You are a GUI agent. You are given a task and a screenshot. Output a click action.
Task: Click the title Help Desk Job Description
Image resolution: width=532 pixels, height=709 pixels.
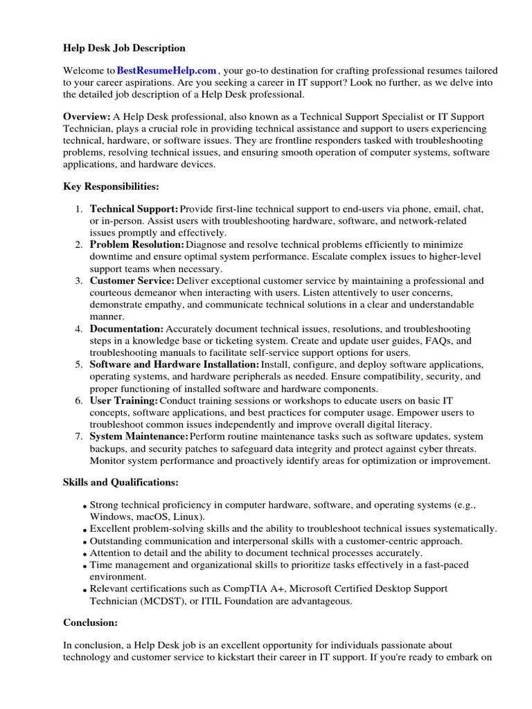pyautogui.click(x=125, y=48)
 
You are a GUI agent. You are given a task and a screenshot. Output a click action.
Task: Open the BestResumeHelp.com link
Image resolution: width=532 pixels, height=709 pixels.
pyautogui.click(x=167, y=71)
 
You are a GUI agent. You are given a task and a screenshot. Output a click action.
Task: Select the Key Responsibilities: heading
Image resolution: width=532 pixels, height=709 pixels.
pyautogui.click(x=111, y=187)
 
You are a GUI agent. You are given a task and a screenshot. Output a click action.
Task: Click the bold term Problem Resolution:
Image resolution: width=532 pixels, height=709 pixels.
pyautogui.click(x=137, y=244)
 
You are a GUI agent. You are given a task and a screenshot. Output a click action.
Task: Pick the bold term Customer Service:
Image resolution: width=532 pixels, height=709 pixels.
pyautogui.click(x=132, y=280)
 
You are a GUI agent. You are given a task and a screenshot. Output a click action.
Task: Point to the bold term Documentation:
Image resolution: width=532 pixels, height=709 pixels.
pyautogui.click(x=127, y=328)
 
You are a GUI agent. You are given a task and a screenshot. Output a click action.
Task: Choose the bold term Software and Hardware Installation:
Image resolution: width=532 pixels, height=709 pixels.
pyautogui.click(x=175, y=364)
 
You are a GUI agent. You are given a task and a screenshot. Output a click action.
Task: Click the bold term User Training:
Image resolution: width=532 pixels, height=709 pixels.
pyautogui.click(x=124, y=401)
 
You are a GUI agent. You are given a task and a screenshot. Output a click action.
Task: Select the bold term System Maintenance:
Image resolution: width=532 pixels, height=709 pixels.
pyautogui.click(x=139, y=437)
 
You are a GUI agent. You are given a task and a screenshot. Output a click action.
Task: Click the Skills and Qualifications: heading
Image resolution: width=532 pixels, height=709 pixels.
pyautogui.click(x=121, y=482)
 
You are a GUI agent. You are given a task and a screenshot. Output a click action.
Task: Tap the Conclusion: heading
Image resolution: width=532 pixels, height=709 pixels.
pyautogui.click(x=90, y=622)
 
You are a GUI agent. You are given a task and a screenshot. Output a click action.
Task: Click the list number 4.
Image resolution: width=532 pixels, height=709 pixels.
pyautogui.click(x=79, y=328)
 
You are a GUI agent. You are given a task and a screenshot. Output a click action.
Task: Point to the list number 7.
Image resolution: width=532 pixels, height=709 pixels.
pyautogui.click(x=79, y=437)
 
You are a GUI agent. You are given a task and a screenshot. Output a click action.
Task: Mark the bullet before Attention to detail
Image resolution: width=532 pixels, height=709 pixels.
pyautogui.click(x=85, y=554)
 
